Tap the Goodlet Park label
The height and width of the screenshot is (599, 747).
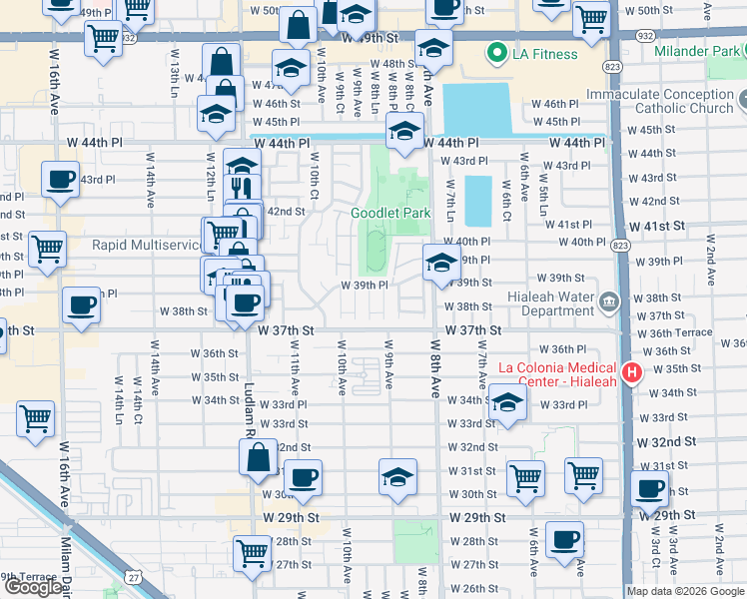click(x=390, y=213)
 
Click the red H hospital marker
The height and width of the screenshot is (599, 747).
click(x=631, y=373)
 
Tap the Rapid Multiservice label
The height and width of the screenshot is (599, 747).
click(x=147, y=245)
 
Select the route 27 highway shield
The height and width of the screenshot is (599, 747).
click(x=134, y=577)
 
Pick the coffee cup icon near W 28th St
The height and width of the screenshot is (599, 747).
click(x=565, y=539)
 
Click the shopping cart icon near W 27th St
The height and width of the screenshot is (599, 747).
click(x=252, y=552)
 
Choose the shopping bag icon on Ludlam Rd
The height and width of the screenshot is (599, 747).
click(x=258, y=457)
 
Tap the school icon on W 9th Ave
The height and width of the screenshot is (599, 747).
click(x=397, y=476)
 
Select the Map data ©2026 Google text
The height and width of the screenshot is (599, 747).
click(x=685, y=591)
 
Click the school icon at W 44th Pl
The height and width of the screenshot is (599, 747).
click(x=405, y=132)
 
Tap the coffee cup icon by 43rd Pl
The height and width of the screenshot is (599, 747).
click(x=60, y=179)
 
